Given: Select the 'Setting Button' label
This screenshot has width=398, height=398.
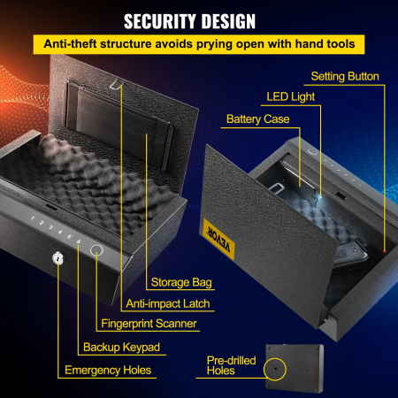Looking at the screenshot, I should pos(347,77).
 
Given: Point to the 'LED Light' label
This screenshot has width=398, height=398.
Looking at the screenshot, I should pos(292,96).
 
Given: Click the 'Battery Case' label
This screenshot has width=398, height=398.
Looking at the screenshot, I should pos(258,118).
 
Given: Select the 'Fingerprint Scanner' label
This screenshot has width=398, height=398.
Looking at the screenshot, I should pos(147,325).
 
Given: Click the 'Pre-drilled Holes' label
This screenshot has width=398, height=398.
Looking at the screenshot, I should pos(227,365).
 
